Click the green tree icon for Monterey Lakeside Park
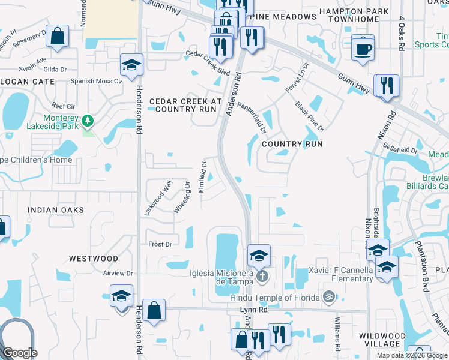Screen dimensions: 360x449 click(x=88, y=121)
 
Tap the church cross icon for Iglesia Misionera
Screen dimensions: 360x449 click(x=261, y=277)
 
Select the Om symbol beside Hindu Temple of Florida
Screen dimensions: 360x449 click(x=328, y=296)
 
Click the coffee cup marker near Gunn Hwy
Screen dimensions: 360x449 click(x=363, y=49)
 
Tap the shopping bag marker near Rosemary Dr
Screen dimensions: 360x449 click(x=57, y=37)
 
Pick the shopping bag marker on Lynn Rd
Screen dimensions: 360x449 click(x=154, y=311)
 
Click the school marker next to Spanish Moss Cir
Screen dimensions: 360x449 click(x=131, y=65)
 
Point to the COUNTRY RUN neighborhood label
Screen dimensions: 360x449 click(x=292, y=144)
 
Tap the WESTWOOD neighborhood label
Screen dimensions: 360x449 click(x=93, y=259)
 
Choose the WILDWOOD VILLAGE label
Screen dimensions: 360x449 click(x=387, y=340)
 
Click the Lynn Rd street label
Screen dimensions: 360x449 click(x=252, y=308)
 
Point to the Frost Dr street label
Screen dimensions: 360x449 click(x=160, y=244)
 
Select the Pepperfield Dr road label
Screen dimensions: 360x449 click(x=252, y=118)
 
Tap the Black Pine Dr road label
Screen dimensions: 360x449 click(x=309, y=116)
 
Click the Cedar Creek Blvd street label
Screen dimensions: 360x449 click(x=191, y=55)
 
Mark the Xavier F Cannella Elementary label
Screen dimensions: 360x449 click(x=340, y=274)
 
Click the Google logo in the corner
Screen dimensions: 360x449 click(x=20, y=353)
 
